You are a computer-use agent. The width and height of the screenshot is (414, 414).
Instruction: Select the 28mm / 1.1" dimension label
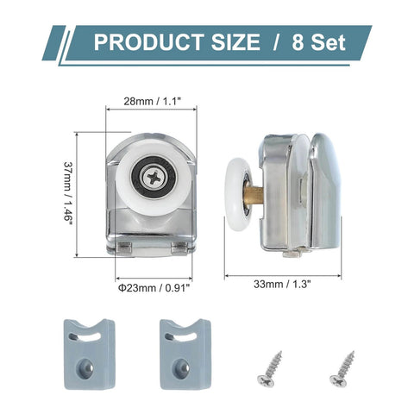151,100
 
